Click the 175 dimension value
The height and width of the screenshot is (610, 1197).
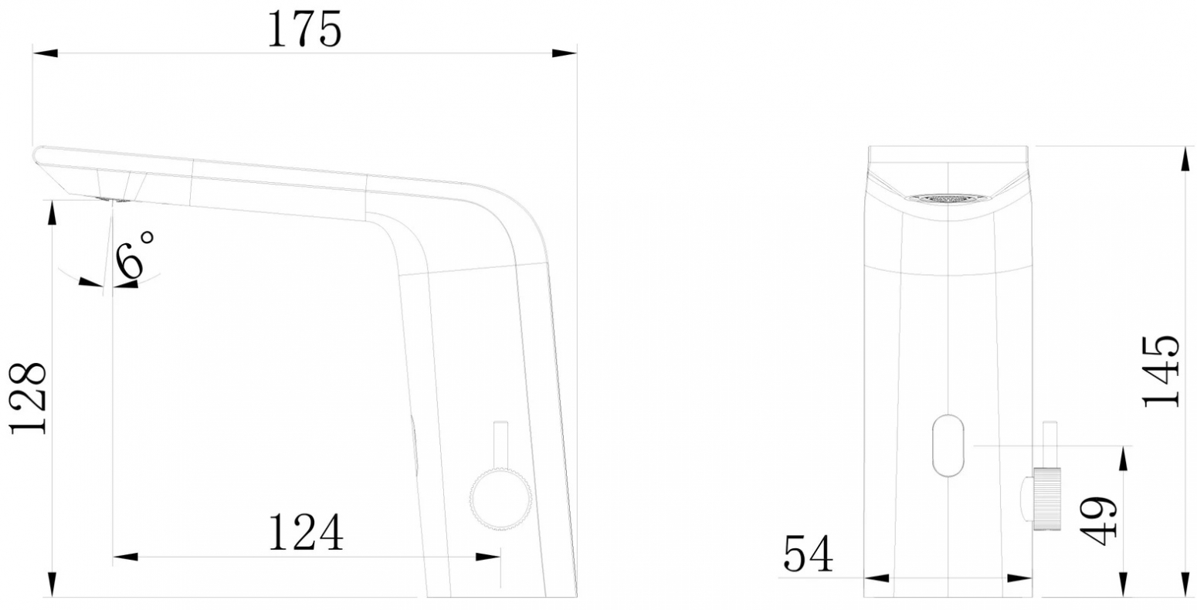pyautogui.click(x=304, y=29)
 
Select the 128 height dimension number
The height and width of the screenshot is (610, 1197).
pyautogui.click(x=28, y=398)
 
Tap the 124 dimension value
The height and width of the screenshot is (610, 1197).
pyautogui.click(x=305, y=532)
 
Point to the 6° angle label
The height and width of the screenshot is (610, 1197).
pyautogui.click(x=135, y=256)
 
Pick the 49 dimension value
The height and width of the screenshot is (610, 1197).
pyautogui.click(x=1097, y=521)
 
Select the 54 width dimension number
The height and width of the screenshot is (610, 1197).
pyautogui.click(x=808, y=554)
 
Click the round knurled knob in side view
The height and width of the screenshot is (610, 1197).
pyautogui.click(x=500, y=499)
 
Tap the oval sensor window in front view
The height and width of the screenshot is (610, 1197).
pyautogui.click(x=948, y=446)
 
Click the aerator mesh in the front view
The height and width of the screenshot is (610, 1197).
pyautogui.click(x=948, y=198)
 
